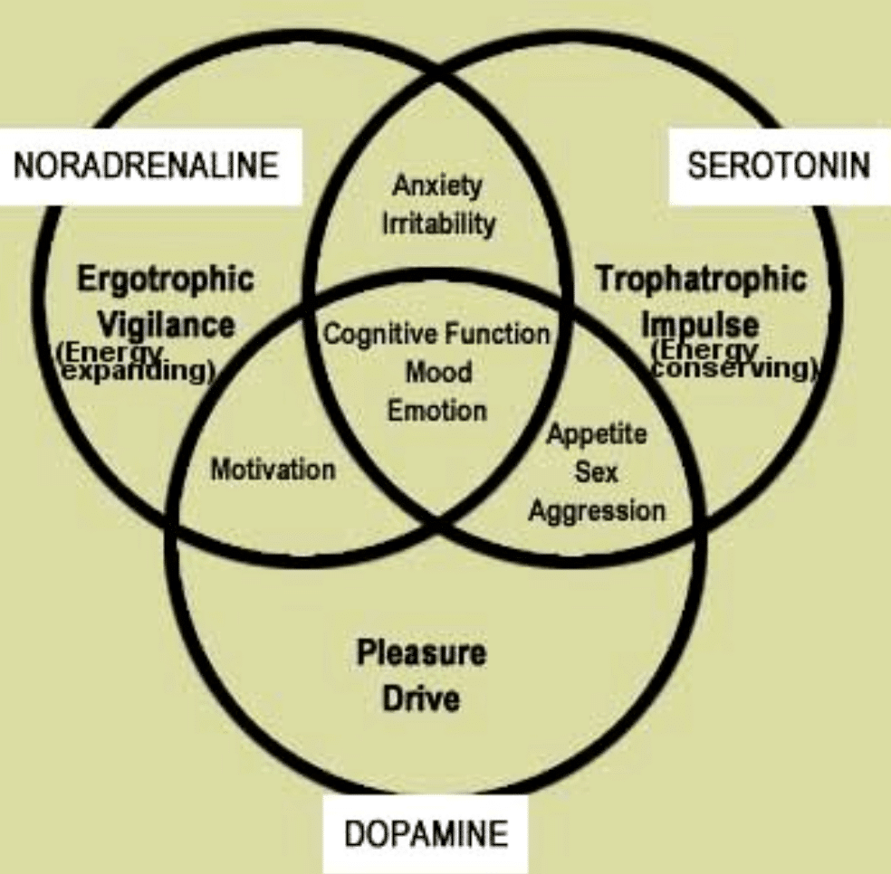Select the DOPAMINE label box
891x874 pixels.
pyautogui.click(x=425, y=832)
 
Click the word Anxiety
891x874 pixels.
pyautogui.click(x=437, y=187)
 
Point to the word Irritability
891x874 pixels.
pyautogui.click(x=438, y=223)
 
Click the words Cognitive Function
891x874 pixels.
pyautogui.click(x=437, y=334)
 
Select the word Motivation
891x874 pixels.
pyautogui.click(x=273, y=470)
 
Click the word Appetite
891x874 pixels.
pyautogui.click(x=597, y=434)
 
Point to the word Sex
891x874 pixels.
pyautogui.click(x=597, y=472)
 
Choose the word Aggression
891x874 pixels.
pyautogui.click(x=597, y=510)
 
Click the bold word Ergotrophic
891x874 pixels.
pyautogui.click(x=165, y=278)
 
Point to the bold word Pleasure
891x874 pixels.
pyautogui.click(x=421, y=653)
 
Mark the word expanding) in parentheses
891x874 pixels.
pyautogui.click(x=136, y=373)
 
